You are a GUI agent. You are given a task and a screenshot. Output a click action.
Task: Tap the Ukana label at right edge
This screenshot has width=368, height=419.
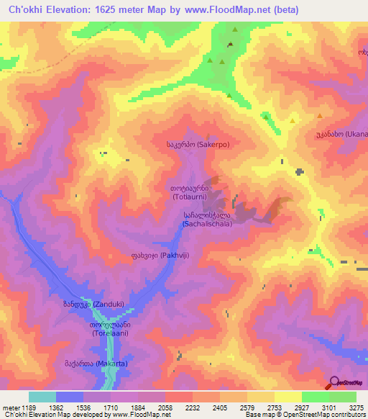click(x=341, y=135)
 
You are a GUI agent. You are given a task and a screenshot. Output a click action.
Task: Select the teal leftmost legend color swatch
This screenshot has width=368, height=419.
click(x=42, y=397)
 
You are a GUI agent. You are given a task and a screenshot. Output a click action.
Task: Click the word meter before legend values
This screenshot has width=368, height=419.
click(x=9, y=407)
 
